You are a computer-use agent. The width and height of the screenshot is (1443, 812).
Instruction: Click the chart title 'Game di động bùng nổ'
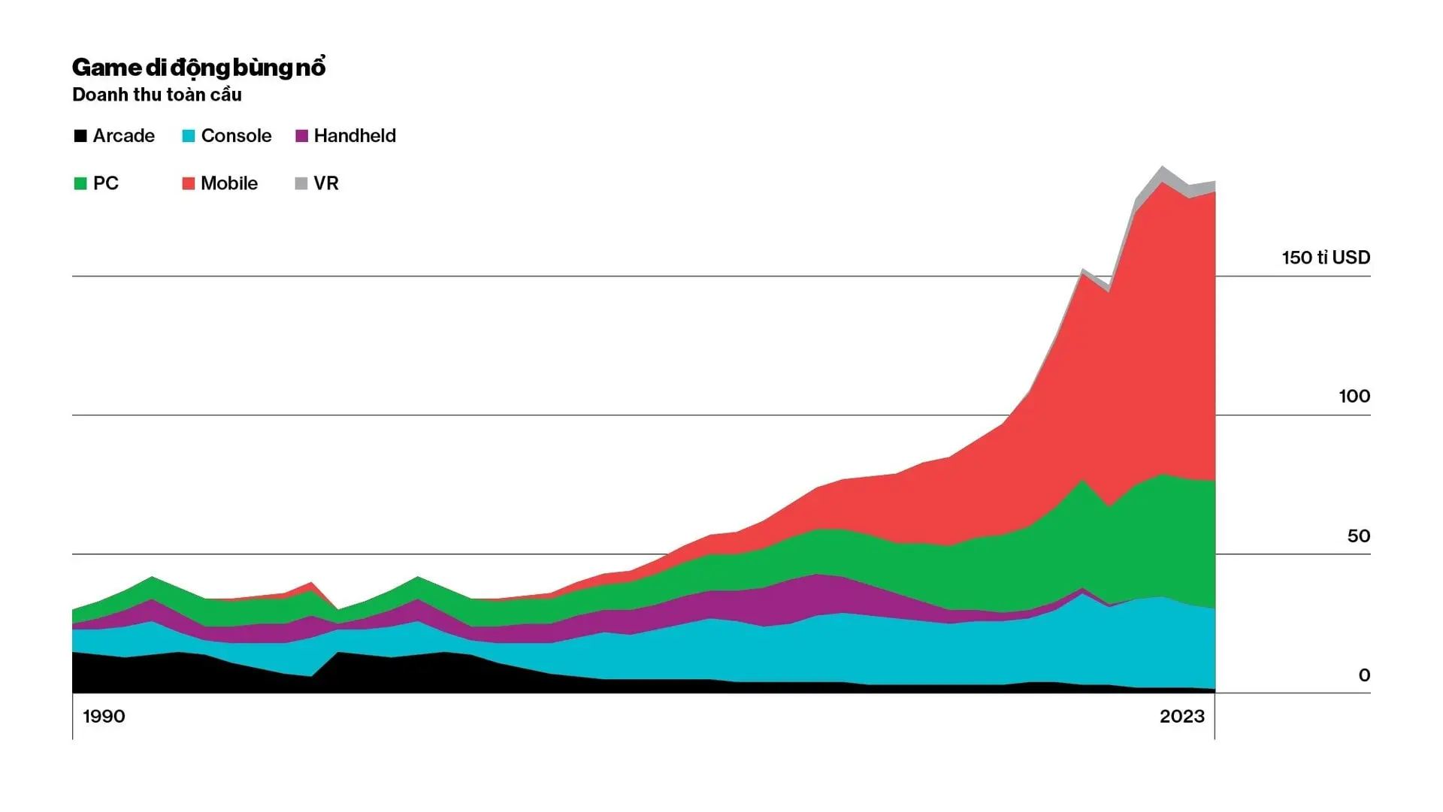tap(198, 68)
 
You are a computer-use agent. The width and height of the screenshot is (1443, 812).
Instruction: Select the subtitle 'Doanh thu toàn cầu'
tap(157, 95)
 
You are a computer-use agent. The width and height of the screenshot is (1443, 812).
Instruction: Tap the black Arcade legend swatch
tap(80, 136)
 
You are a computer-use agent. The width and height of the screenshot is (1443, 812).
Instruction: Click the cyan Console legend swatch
tap(189, 136)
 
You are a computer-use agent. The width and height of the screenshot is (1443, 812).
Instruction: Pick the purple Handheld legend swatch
tap(302, 136)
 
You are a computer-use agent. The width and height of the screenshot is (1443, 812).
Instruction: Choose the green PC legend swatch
tap(80, 183)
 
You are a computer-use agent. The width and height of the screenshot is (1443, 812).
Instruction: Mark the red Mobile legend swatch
tap(189, 183)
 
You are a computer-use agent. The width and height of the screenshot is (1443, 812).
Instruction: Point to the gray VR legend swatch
tap(301, 183)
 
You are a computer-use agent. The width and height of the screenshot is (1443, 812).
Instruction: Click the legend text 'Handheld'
tap(355, 136)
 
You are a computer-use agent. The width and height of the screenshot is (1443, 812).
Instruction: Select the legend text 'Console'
tap(236, 136)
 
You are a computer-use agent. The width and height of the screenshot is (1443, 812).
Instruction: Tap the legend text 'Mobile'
tap(229, 183)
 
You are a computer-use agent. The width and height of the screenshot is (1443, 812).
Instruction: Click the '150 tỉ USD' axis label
tap(1326, 258)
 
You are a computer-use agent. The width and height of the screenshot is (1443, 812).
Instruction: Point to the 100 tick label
tap(1354, 397)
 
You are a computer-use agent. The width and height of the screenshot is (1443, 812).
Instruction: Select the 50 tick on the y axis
tap(1358, 536)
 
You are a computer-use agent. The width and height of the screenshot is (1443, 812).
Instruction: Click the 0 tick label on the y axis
tap(1364, 675)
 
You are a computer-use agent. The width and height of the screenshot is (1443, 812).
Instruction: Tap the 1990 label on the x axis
tap(104, 717)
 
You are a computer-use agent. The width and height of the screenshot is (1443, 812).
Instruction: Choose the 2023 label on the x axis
tap(1181, 717)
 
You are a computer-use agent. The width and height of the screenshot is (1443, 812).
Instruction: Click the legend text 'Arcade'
tap(124, 136)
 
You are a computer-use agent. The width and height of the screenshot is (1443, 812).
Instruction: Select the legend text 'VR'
tap(326, 183)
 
